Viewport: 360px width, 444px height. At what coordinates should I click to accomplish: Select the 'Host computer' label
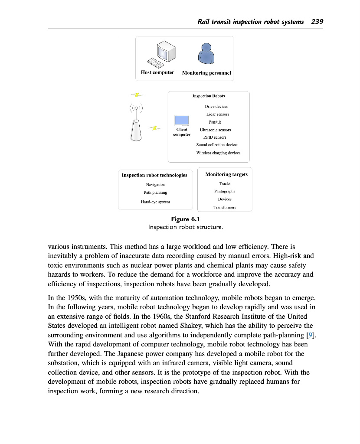(157, 72)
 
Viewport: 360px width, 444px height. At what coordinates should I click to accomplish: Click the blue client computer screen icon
(182, 121)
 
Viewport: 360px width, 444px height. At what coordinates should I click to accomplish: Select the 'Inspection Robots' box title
(209, 96)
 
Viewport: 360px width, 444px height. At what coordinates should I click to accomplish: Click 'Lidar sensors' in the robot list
(218, 114)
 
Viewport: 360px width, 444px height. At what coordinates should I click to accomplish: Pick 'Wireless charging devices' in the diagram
(218, 153)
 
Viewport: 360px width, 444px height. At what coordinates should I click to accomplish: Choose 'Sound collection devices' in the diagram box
(217, 145)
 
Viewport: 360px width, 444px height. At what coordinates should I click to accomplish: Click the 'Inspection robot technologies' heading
(154, 175)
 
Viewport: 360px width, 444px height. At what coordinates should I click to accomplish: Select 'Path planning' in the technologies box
(155, 192)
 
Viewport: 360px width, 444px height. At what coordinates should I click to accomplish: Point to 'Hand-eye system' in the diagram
(155, 202)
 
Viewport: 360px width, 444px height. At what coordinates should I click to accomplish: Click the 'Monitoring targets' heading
(226, 174)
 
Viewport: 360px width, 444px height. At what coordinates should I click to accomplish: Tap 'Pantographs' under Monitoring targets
(225, 191)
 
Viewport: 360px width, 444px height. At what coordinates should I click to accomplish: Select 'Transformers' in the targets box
(225, 207)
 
